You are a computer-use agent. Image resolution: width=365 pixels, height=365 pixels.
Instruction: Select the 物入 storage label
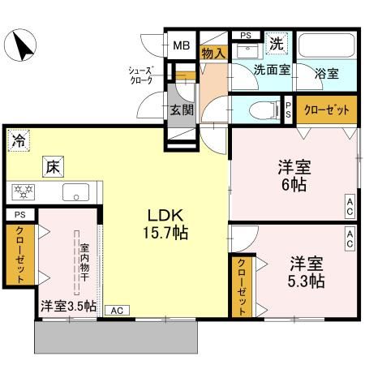tap(213, 54)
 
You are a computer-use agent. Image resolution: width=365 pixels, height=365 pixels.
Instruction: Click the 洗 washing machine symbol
tap(276, 42)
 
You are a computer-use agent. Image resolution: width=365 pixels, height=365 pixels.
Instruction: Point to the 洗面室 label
tap(270, 71)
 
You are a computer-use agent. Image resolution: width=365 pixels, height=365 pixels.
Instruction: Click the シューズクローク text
tap(143, 75)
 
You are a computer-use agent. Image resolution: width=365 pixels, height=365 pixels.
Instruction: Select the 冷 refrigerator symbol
tap(19, 140)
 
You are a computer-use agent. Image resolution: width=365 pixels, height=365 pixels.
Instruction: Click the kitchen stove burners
tap(24, 193)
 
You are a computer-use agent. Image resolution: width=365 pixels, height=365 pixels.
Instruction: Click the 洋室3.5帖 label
tap(68, 307)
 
